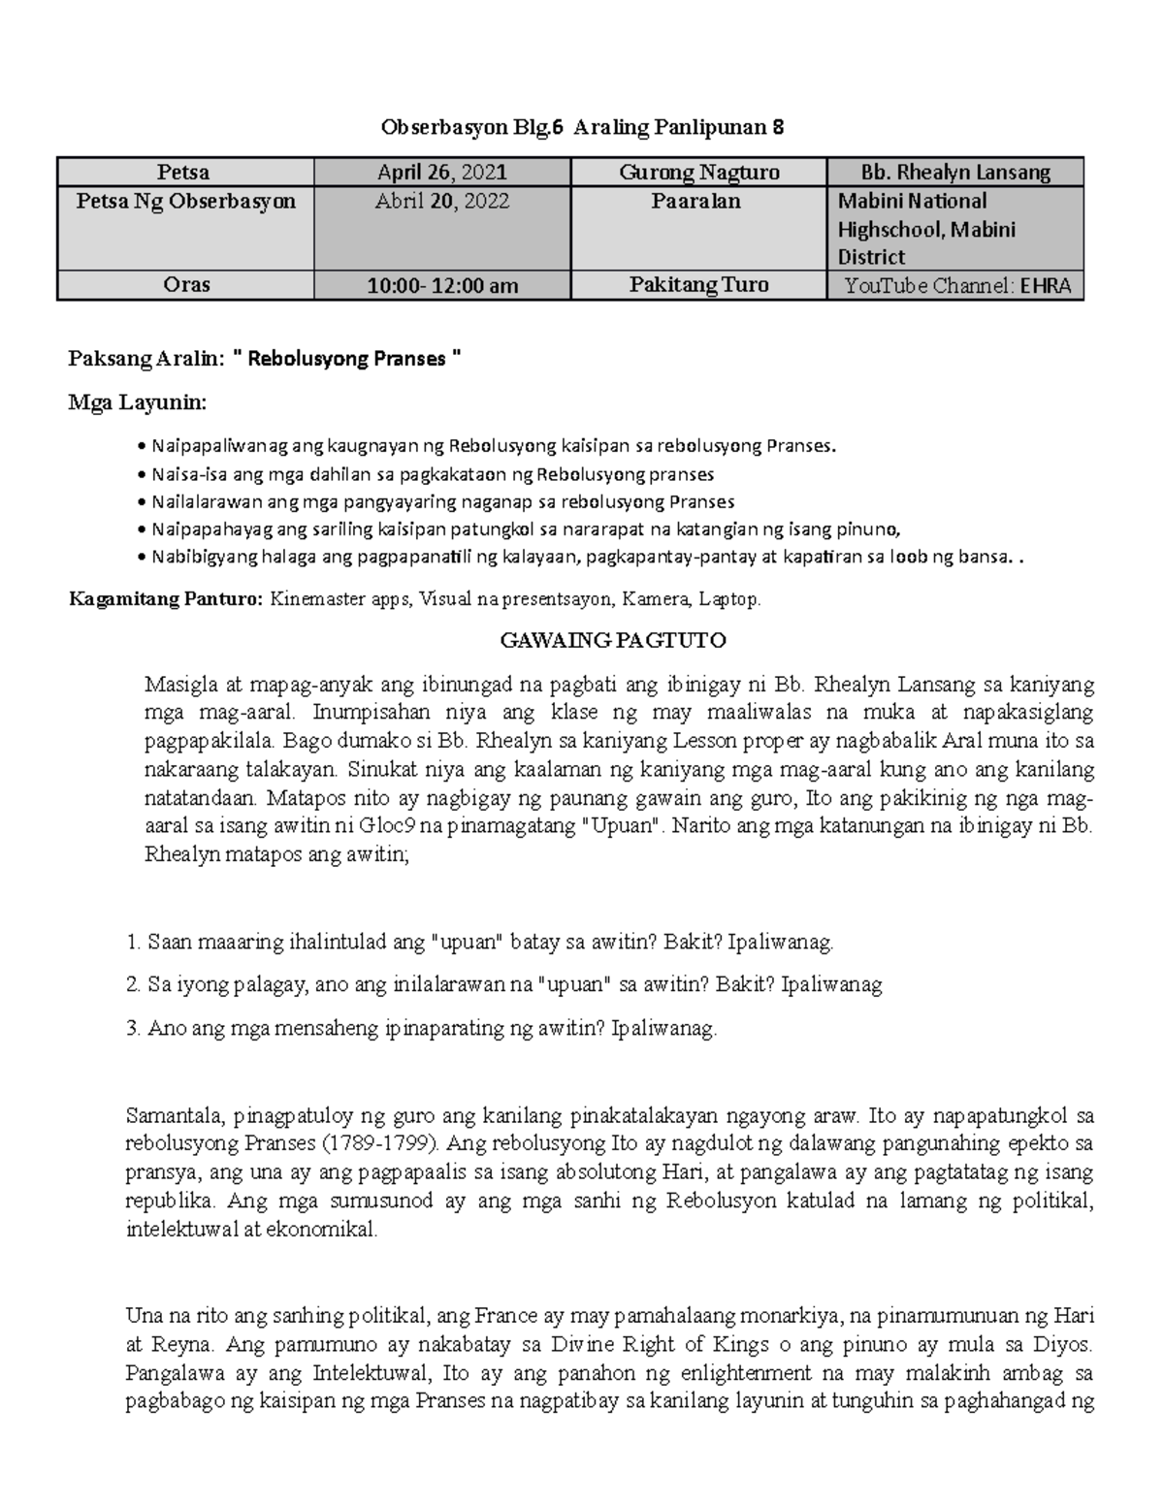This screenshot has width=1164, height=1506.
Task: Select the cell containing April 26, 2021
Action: click(442, 173)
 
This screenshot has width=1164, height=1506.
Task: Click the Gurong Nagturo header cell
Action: click(698, 173)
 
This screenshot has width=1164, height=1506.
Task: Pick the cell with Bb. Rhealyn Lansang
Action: click(955, 173)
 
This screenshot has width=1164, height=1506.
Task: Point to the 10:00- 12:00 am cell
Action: click(442, 285)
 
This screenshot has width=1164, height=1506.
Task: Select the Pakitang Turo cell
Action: click(698, 285)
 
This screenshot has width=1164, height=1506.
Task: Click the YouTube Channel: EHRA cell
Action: click(955, 286)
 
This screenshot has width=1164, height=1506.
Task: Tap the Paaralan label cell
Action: click(698, 202)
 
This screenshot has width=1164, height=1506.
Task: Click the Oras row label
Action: click(186, 285)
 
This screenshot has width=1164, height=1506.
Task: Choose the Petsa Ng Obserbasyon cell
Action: click(186, 202)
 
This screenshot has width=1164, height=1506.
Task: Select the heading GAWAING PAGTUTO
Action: click(612, 640)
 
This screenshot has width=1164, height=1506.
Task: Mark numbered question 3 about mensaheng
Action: click(422, 1029)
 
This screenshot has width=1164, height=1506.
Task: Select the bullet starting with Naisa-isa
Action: click(432, 474)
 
